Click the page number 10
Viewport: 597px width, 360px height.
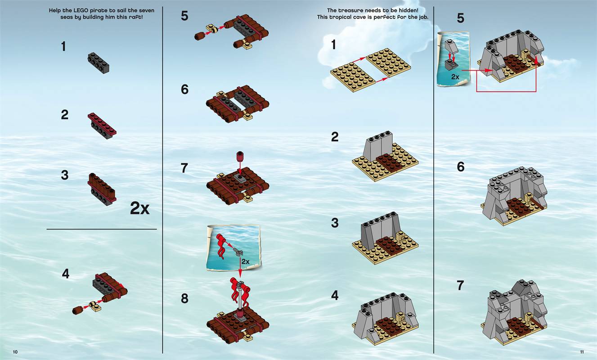(x=15, y=352)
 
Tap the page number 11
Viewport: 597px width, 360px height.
(x=582, y=352)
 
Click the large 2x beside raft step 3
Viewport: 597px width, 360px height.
(x=139, y=208)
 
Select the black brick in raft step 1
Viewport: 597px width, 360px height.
(x=99, y=63)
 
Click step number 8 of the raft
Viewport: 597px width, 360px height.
(x=184, y=298)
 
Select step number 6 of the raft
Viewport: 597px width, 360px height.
(x=184, y=90)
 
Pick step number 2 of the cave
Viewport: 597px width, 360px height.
(x=335, y=137)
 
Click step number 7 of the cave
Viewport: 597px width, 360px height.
(x=460, y=285)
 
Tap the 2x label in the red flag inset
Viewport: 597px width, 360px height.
(x=246, y=261)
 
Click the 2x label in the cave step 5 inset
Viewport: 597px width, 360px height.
(x=455, y=77)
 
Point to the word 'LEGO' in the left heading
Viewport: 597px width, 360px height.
(x=81, y=10)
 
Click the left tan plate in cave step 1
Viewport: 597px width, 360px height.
(x=353, y=77)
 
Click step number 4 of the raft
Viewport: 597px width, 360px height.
(x=66, y=274)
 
